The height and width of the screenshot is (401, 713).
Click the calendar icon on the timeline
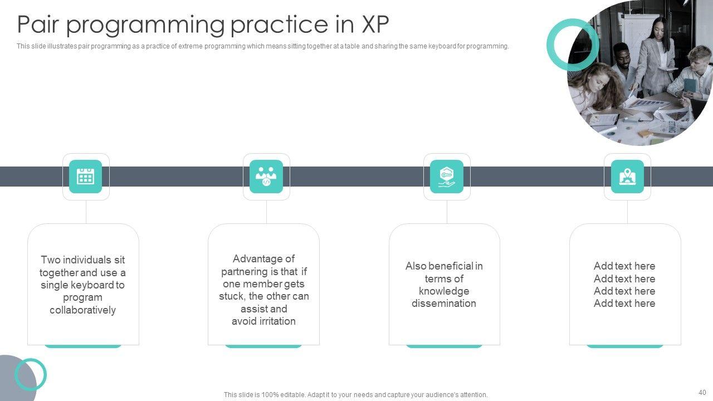pos(85,177)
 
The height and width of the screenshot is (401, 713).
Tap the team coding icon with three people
pos(266,177)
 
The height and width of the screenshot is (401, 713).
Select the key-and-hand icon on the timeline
pos(447,177)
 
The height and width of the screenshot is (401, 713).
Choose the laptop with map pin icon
pos(627,177)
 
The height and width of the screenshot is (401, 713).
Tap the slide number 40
pos(702,393)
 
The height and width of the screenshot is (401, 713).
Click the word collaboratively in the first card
pos(83,310)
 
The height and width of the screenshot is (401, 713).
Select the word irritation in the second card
pos(277,321)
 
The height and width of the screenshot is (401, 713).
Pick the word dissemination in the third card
pos(444,304)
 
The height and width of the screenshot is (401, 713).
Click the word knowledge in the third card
pos(444,291)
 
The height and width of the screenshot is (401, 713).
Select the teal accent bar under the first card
pos(83,346)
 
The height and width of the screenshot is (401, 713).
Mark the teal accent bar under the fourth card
pos(625,346)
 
